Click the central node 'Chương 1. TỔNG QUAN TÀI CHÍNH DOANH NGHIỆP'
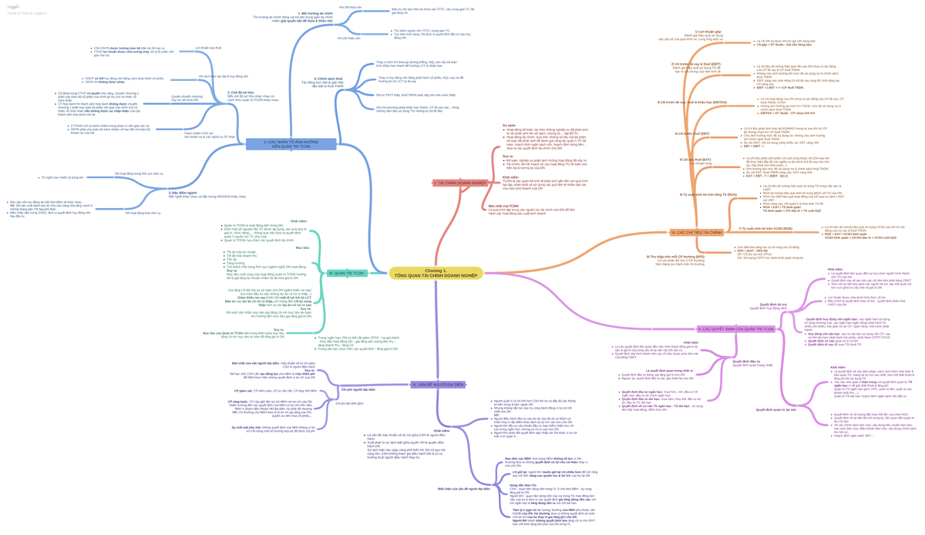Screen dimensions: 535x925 pos(436,273)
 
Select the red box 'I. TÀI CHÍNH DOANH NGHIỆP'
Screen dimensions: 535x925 pos(459,183)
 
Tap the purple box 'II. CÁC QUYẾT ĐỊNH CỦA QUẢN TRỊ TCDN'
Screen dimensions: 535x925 pos(735,329)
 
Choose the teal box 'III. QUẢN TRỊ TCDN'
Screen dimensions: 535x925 pos(345,274)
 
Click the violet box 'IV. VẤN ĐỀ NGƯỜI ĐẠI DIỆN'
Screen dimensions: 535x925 pos(437,384)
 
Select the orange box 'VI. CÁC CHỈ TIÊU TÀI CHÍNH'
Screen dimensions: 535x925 pos(696,232)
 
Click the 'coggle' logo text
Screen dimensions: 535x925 pos(13,5)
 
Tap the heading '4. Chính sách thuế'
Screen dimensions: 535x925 pos(328,79)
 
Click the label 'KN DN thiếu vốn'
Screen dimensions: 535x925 pos(348,38)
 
